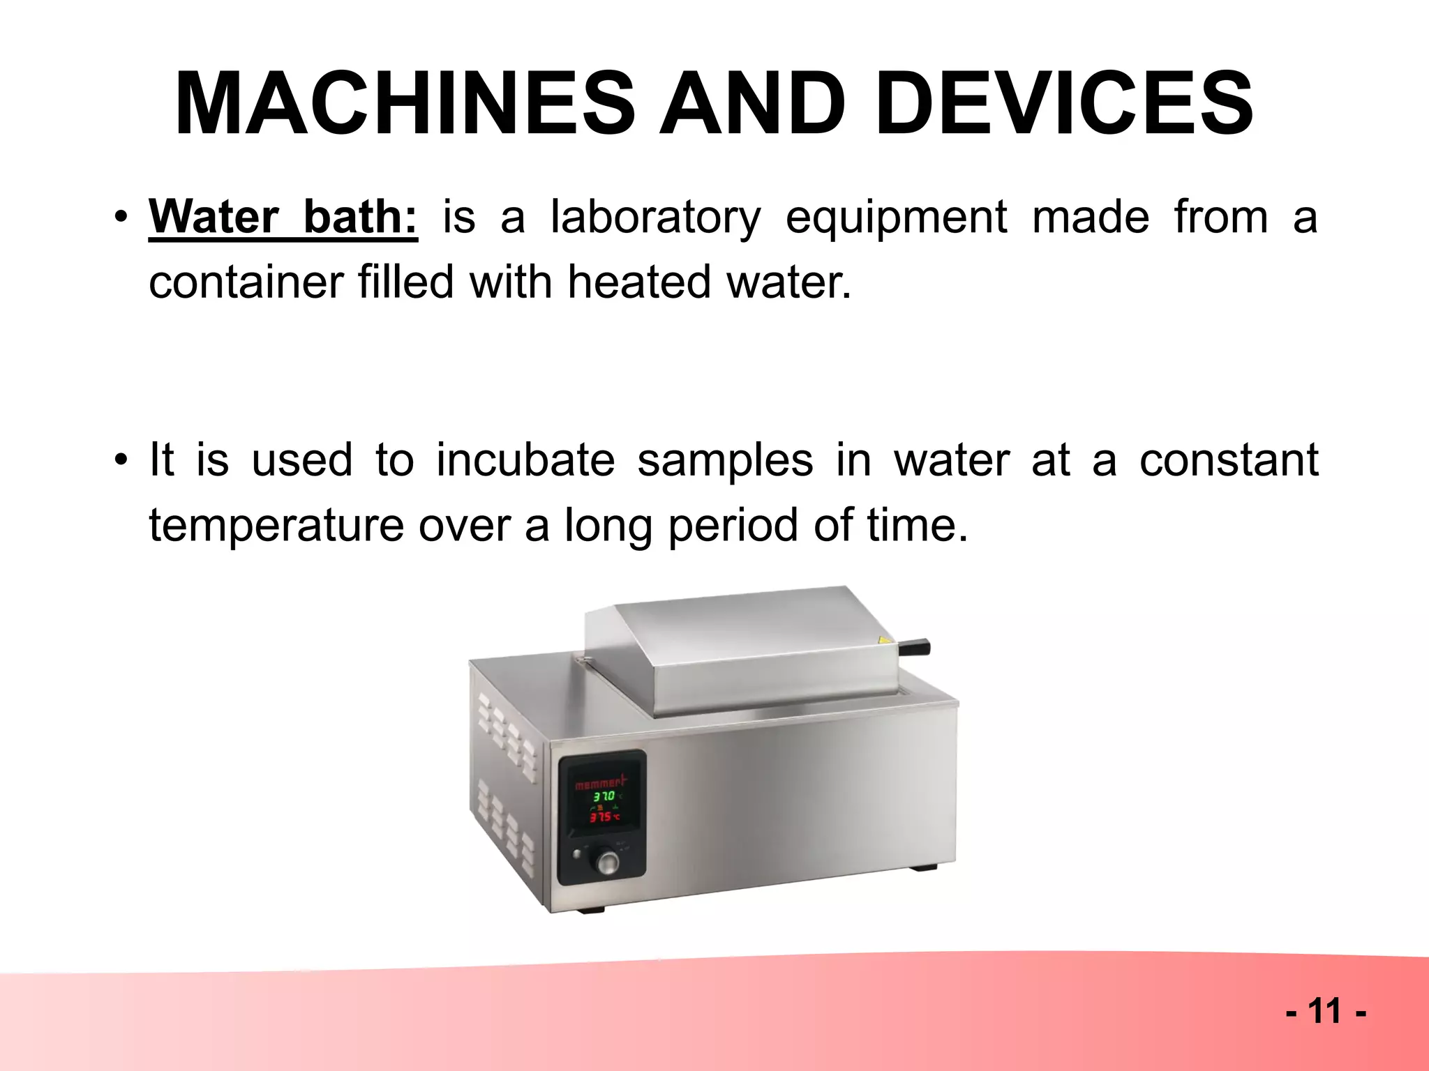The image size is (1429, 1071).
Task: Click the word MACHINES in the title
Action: coord(405,105)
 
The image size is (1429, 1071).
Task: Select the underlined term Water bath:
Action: coord(283,217)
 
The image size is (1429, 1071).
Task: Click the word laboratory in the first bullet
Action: coord(655,218)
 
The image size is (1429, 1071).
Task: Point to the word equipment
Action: coord(896,218)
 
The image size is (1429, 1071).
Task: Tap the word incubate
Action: coord(525,460)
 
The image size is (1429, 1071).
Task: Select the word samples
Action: coord(725,460)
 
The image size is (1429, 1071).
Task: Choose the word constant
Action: coord(1229,460)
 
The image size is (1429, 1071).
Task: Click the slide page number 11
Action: coord(1325,1011)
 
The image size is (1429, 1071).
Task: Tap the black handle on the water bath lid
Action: coord(915,646)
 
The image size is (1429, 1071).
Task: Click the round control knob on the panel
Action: coord(606,863)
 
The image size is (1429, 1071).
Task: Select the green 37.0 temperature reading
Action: coord(603,796)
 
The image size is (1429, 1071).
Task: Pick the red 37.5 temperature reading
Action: coord(602,816)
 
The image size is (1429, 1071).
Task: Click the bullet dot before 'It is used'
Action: coord(122,460)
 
